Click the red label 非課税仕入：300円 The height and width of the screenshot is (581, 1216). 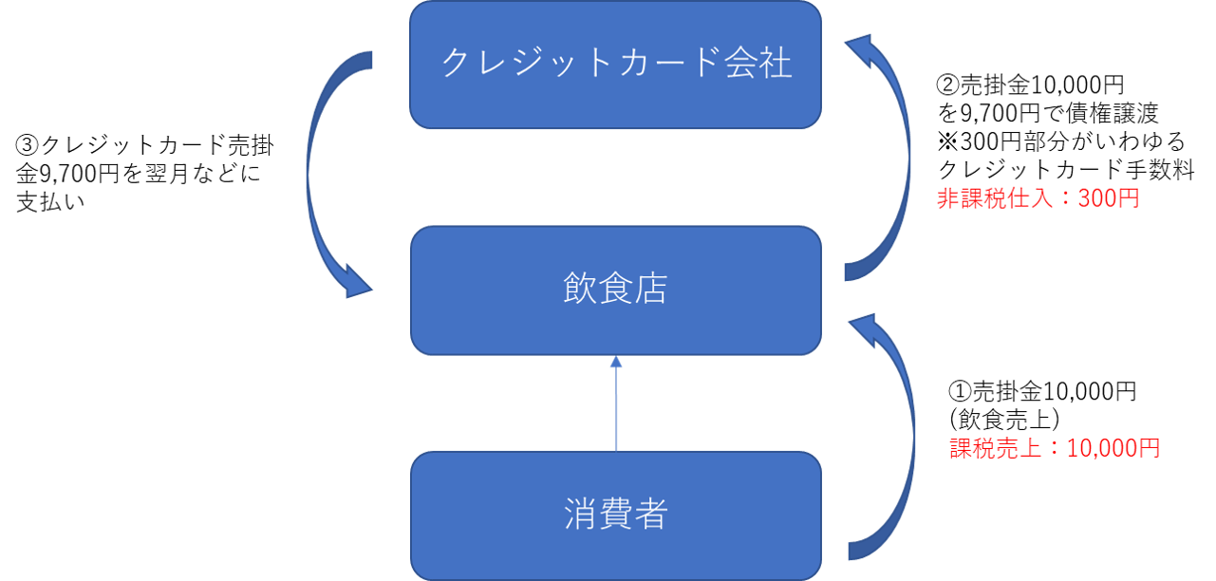click(1038, 199)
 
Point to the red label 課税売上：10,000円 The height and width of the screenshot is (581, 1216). click(1055, 448)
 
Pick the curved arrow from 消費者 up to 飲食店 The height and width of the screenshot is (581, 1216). click(907, 437)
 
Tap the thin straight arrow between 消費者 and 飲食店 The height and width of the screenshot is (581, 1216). click(615, 408)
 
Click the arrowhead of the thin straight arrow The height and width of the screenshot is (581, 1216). click(615, 362)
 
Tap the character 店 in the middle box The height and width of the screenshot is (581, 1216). click(650, 289)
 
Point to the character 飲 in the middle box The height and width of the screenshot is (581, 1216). click(580, 289)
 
